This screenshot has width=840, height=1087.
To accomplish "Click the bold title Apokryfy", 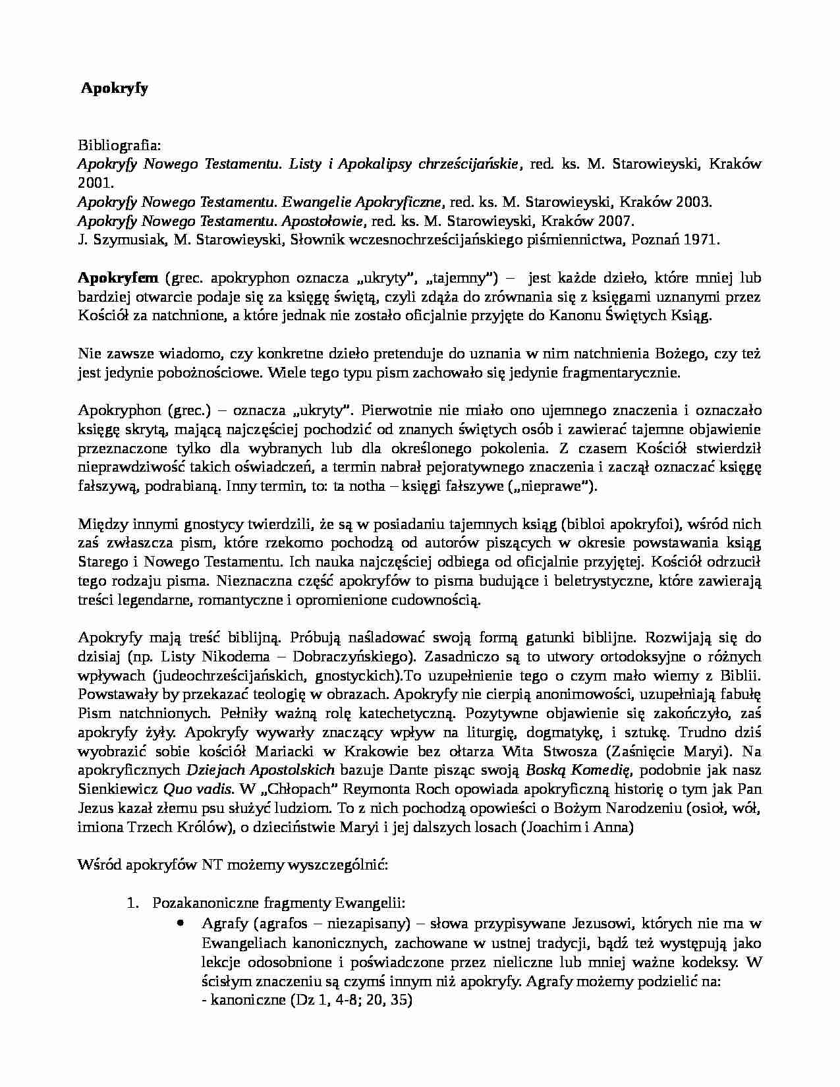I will [x=115, y=88].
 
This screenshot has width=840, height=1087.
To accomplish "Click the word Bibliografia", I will [x=114, y=145].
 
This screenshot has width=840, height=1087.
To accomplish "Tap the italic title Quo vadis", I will [x=198, y=789].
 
